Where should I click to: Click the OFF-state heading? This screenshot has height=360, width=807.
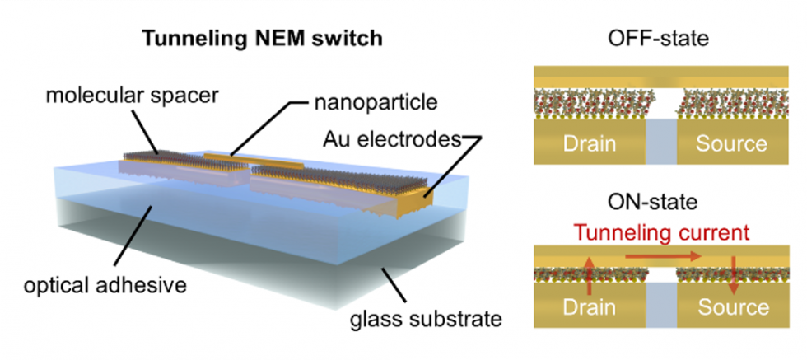[x=649, y=38]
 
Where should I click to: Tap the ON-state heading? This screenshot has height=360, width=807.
[x=649, y=202]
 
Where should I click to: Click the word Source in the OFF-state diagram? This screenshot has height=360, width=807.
[x=731, y=143]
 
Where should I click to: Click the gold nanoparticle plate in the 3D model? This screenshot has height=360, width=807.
[x=235, y=156]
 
